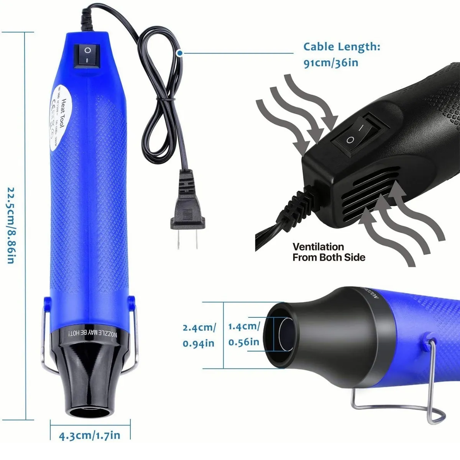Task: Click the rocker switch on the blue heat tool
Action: (88, 54)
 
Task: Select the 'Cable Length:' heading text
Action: (342, 47)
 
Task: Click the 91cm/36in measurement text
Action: (331, 63)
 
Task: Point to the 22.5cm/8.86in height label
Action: (11, 225)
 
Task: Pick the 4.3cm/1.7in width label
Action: (89, 435)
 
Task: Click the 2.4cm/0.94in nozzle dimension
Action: (199, 335)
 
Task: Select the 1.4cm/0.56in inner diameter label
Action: (244, 334)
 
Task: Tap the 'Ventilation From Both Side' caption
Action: (329, 252)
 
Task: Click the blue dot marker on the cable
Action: (179, 53)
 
